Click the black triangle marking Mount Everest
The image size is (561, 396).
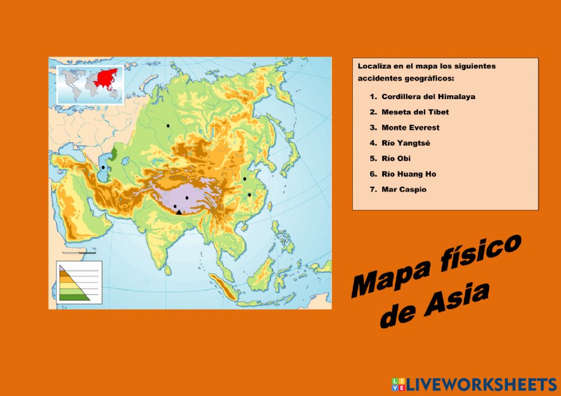coord(179,212)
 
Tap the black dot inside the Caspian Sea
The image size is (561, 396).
coord(103,167)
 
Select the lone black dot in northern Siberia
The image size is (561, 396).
coord(167,125)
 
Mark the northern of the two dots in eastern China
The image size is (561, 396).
coord(245,179)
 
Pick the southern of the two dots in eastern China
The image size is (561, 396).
coord(250,195)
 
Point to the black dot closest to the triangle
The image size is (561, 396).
coord(175,206)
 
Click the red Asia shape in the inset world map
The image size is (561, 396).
coord(106,79)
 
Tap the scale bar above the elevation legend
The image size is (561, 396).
coord(79,253)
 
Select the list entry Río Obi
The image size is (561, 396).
coord(396,159)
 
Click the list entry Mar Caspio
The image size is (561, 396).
coord(403,189)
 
